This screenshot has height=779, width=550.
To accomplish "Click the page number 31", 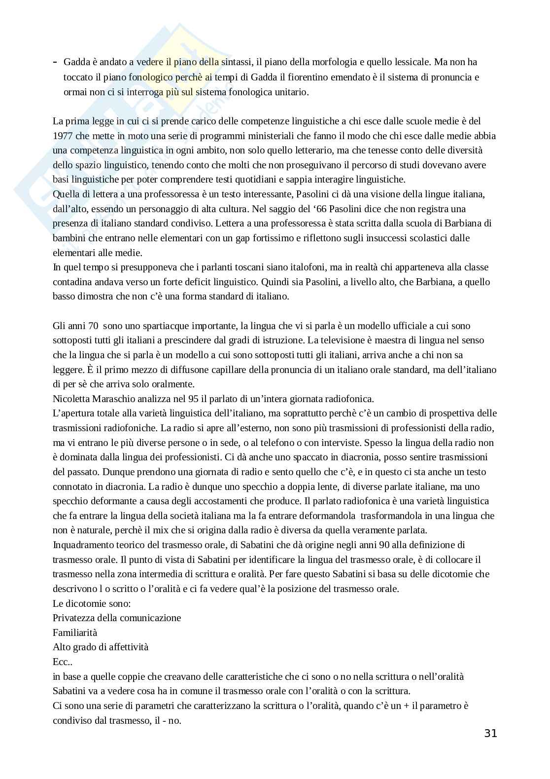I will tap(490, 733).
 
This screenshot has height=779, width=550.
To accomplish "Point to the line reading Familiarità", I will tap(75, 632).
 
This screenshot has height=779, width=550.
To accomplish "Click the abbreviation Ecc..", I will tap(62, 662).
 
